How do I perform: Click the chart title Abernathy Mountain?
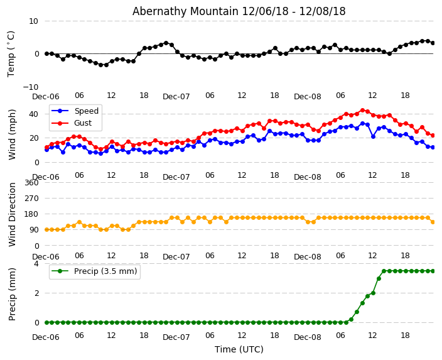tap(239, 11)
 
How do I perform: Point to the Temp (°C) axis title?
tap(11, 53)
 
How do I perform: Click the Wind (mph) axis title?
tap(13, 134)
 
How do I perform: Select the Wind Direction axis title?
tap(13, 214)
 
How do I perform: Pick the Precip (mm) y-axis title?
tap(13, 293)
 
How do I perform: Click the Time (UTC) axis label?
tap(239, 349)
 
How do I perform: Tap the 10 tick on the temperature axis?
tap(33, 21)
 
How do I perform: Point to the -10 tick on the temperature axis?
tap(31, 87)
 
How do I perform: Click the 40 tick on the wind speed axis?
tap(33, 114)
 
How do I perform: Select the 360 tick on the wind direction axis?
tap(31, 182)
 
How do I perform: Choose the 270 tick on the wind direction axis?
tap(31, 198)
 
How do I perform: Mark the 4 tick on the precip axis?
tap(36, 264)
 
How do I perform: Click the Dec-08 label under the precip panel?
tap(307, 337)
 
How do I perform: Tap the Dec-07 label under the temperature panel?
tap(176, 97)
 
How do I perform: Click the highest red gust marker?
tap(362, 110)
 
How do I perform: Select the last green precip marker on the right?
tap(433, 271)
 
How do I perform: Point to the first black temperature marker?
tap(46, 53)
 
